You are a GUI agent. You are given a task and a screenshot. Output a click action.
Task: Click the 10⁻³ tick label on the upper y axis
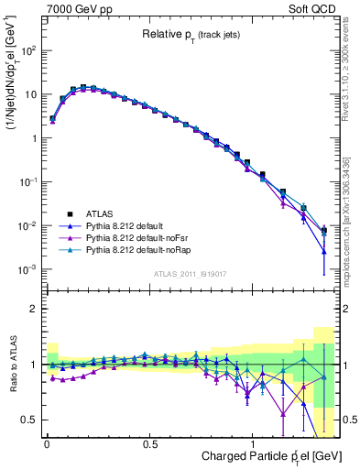pos(25,269)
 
